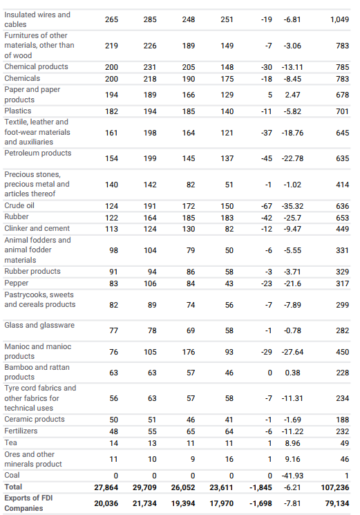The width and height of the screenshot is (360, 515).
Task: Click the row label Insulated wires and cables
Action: click(37, 19)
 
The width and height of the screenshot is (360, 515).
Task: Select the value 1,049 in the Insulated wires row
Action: click(339, 19)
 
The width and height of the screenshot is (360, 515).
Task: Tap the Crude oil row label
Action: click(19, 205)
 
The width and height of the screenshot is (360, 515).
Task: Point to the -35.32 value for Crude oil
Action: click(292, 206)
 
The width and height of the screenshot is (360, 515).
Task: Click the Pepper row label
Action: click(17, 283)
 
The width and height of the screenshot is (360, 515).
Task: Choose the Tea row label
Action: click(10, 442)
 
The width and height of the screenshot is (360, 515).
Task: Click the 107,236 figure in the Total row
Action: click(334, 487)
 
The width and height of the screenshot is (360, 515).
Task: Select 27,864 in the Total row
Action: click(106, 487)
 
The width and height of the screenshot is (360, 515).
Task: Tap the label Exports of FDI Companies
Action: click(28, 503)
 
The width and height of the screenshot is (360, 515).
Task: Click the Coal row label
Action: click(12, 475)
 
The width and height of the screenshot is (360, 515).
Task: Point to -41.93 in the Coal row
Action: click(292, 476)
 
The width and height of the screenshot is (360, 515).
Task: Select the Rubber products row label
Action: click(32, 271)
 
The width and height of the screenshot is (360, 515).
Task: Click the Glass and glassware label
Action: click(39, 325)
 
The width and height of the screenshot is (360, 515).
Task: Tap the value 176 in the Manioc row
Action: click(189, 352)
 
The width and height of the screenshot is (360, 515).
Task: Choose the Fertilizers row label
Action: click(21, 431)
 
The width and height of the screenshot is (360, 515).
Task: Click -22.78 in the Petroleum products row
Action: click(292, 158)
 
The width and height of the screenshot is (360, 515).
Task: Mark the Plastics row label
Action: click(18, 111)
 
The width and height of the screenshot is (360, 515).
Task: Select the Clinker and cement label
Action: click(37, 228)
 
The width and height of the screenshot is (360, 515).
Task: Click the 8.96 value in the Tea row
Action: click(292, 443)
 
